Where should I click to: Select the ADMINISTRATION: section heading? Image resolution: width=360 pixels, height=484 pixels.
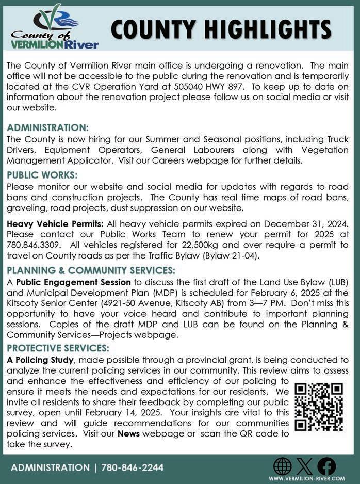47,127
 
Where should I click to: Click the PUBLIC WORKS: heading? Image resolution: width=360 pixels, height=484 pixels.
42,175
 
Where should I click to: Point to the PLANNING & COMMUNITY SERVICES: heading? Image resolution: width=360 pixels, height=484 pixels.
91,270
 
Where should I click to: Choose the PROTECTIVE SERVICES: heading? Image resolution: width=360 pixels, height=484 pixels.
58,348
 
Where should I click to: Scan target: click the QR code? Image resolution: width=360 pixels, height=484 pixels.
319,407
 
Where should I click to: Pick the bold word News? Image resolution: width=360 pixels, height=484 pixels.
128,434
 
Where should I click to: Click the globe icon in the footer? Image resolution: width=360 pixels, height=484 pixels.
282,466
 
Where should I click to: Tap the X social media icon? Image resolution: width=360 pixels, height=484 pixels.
304,466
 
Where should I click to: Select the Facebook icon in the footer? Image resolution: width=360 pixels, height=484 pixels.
326,466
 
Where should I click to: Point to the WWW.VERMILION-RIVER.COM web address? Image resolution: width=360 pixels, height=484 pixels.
306,479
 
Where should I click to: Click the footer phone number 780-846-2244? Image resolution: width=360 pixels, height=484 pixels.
133,467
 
